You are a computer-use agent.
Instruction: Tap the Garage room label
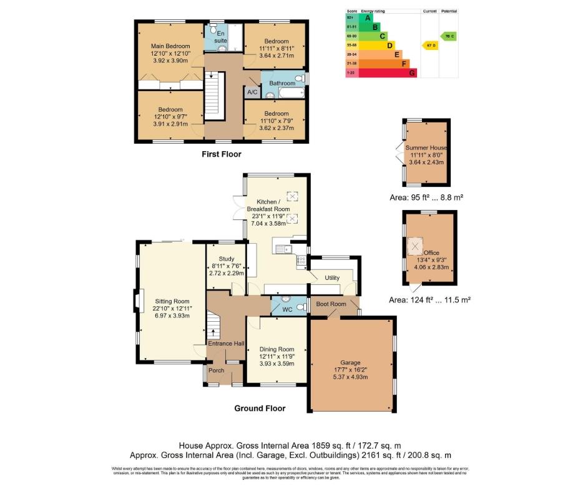coord(350,362)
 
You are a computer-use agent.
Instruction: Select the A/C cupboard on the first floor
coord(252,92)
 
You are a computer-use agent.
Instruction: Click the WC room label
coord(287,309)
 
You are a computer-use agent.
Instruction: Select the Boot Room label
coord(331,304)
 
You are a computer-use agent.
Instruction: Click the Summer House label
coord(425,147)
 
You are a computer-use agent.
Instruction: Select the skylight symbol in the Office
coord(414,245)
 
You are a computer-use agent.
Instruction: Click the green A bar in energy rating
coord(376,18)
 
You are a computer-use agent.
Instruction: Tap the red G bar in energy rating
coord(412,72)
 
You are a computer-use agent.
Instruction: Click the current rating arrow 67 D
coord(429,46)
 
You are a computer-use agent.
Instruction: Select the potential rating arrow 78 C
coord(448,36)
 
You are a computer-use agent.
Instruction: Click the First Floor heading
coord(221,154)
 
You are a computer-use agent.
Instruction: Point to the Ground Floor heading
coord(260,408)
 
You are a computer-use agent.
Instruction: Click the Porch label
coord(216,371)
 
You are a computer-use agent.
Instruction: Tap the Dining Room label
coord(277,349)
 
